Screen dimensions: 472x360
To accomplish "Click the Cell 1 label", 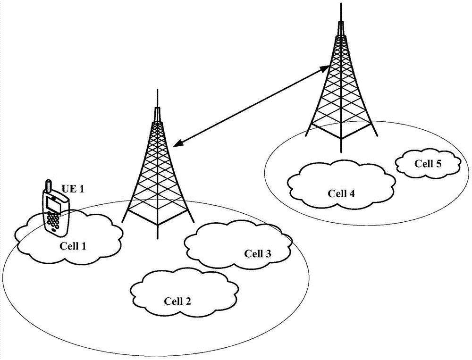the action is pos(73,246).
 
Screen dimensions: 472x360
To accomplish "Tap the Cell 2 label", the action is pos(177,301).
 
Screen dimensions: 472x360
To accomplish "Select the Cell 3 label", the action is pos(257,253).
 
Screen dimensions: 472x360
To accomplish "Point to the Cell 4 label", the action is pos(341,193).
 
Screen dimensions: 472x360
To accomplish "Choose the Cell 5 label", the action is pos(428,163).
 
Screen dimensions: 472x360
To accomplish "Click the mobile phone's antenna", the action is pos(48,186).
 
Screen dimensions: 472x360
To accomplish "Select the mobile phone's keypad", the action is pos(53,221).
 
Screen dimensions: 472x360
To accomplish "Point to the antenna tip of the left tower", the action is pos(157,89).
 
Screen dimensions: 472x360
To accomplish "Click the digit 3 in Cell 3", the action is pos(268,253).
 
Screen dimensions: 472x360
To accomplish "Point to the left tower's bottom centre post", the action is pos(158,232).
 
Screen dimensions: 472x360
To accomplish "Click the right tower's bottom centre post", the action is pos(341,145).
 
